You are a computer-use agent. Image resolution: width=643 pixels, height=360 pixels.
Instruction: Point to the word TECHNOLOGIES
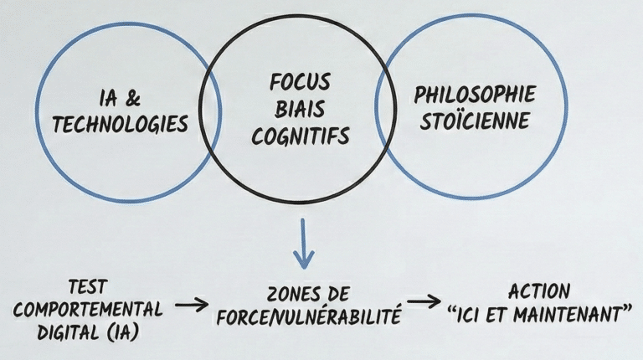tap(120, 125)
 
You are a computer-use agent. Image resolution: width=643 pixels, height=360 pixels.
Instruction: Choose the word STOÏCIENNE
tap(475, 121)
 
